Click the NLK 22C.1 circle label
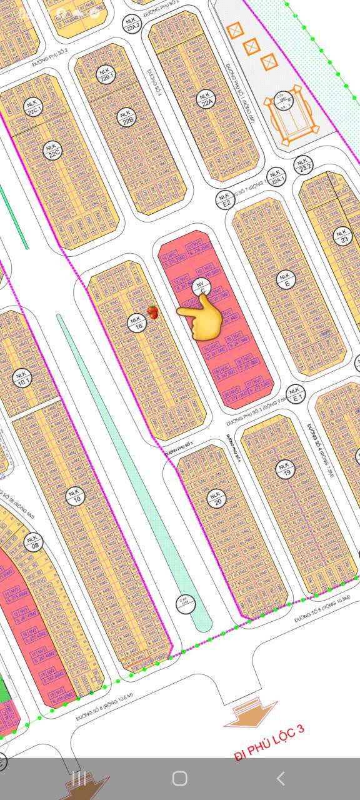pyautogui.click(x=33, y=107)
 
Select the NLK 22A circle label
pyautogui.click(x=205, y=97)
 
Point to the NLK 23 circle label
pyautogui.click(x=342, y=236)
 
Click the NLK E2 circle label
pyautogui.click(x=226, y=199)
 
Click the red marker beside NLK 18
pyautogui.click(x=152, y=311)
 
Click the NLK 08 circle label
pyautogui.click(x=32, y=541)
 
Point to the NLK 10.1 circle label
pyautogui.click(x=24, y=379)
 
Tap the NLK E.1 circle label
pyautogui.click(x=297, y=395)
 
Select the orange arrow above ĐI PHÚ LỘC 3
pyautogui.click(x=250, y=715)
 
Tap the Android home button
pyautogui.click(x=179, y=778)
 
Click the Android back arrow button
pyautogui.click(x=281, y=778)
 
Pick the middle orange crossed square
pyautogui.click(x=252, y=46)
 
